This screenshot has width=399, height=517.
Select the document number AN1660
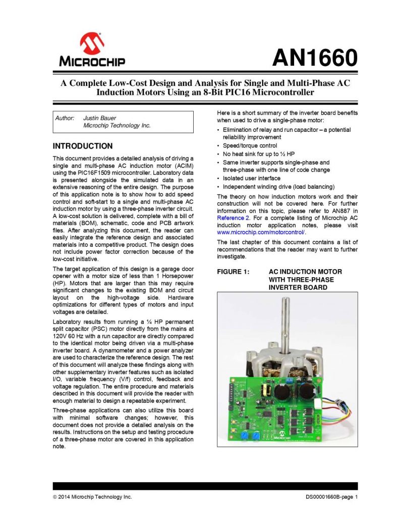coord(315,59)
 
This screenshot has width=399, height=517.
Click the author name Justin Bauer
coord(99,118)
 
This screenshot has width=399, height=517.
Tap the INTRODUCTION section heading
coord(83,146)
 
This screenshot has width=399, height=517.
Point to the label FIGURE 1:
coord(233,272)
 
